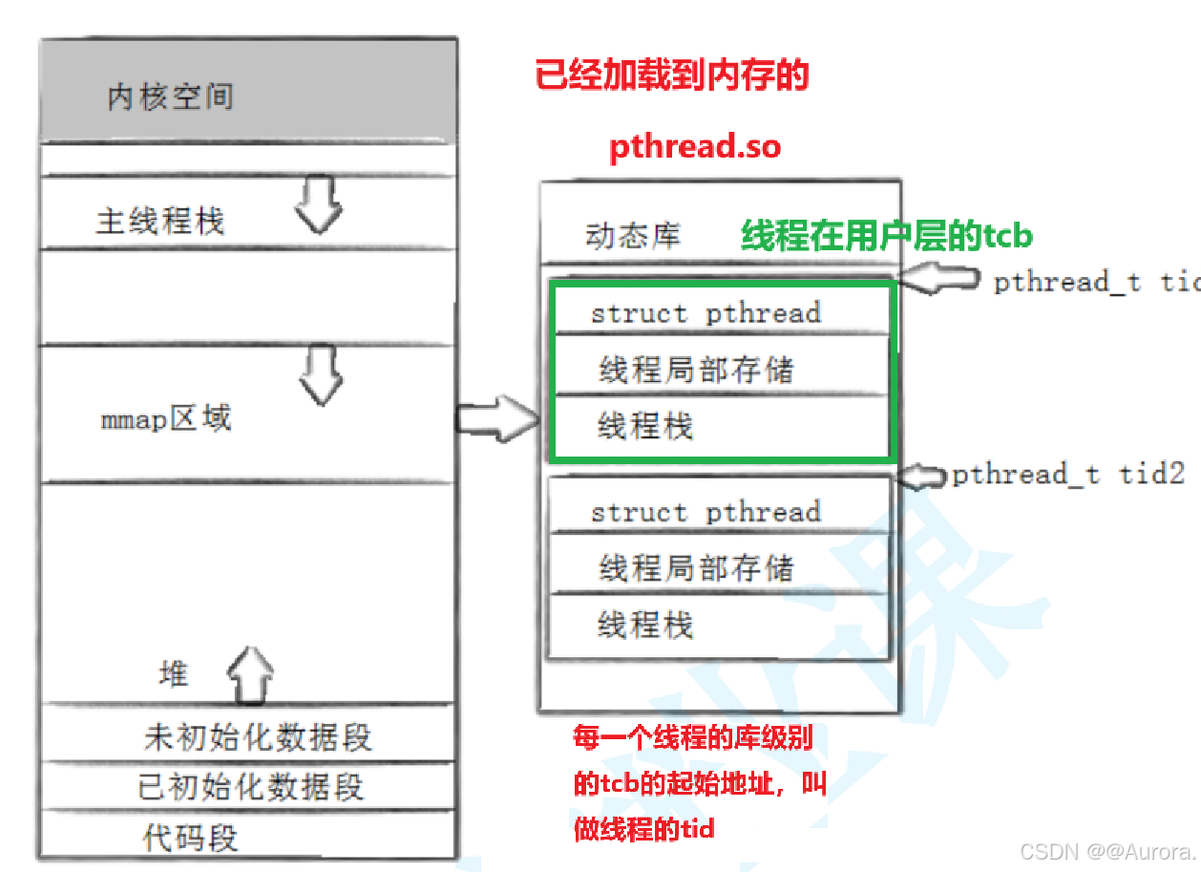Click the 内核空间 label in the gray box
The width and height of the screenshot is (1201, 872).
tap(170, 96)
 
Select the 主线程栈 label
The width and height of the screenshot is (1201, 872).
tap(159, 221)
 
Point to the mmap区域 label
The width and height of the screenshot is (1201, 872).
tap(166, 418)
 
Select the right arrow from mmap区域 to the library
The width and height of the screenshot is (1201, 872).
tap(497, 417)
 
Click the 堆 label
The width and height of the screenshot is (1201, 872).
tap(174, 673)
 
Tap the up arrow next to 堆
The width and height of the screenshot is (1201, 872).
tap(250, 674)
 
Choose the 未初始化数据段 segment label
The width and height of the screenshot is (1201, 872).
tap(258, 736)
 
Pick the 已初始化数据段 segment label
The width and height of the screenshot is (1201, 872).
tap(251, 787)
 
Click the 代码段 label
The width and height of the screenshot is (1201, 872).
tap(190, 838)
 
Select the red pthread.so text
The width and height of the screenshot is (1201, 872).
tap(695, 147)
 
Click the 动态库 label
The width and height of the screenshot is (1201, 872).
tap(633, 235)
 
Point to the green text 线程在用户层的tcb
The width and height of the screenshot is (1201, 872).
tap(887, 236)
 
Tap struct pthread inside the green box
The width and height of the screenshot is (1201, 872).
tap(706, 313)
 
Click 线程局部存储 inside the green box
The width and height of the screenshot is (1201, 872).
tap(696, 370)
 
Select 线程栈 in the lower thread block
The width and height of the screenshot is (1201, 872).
tap(645, 626)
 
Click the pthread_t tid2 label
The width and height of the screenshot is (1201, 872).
tap(1068, 474)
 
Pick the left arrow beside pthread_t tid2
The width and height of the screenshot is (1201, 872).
tap(924, 475)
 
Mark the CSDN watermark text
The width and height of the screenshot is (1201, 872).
tap(1106, 851)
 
